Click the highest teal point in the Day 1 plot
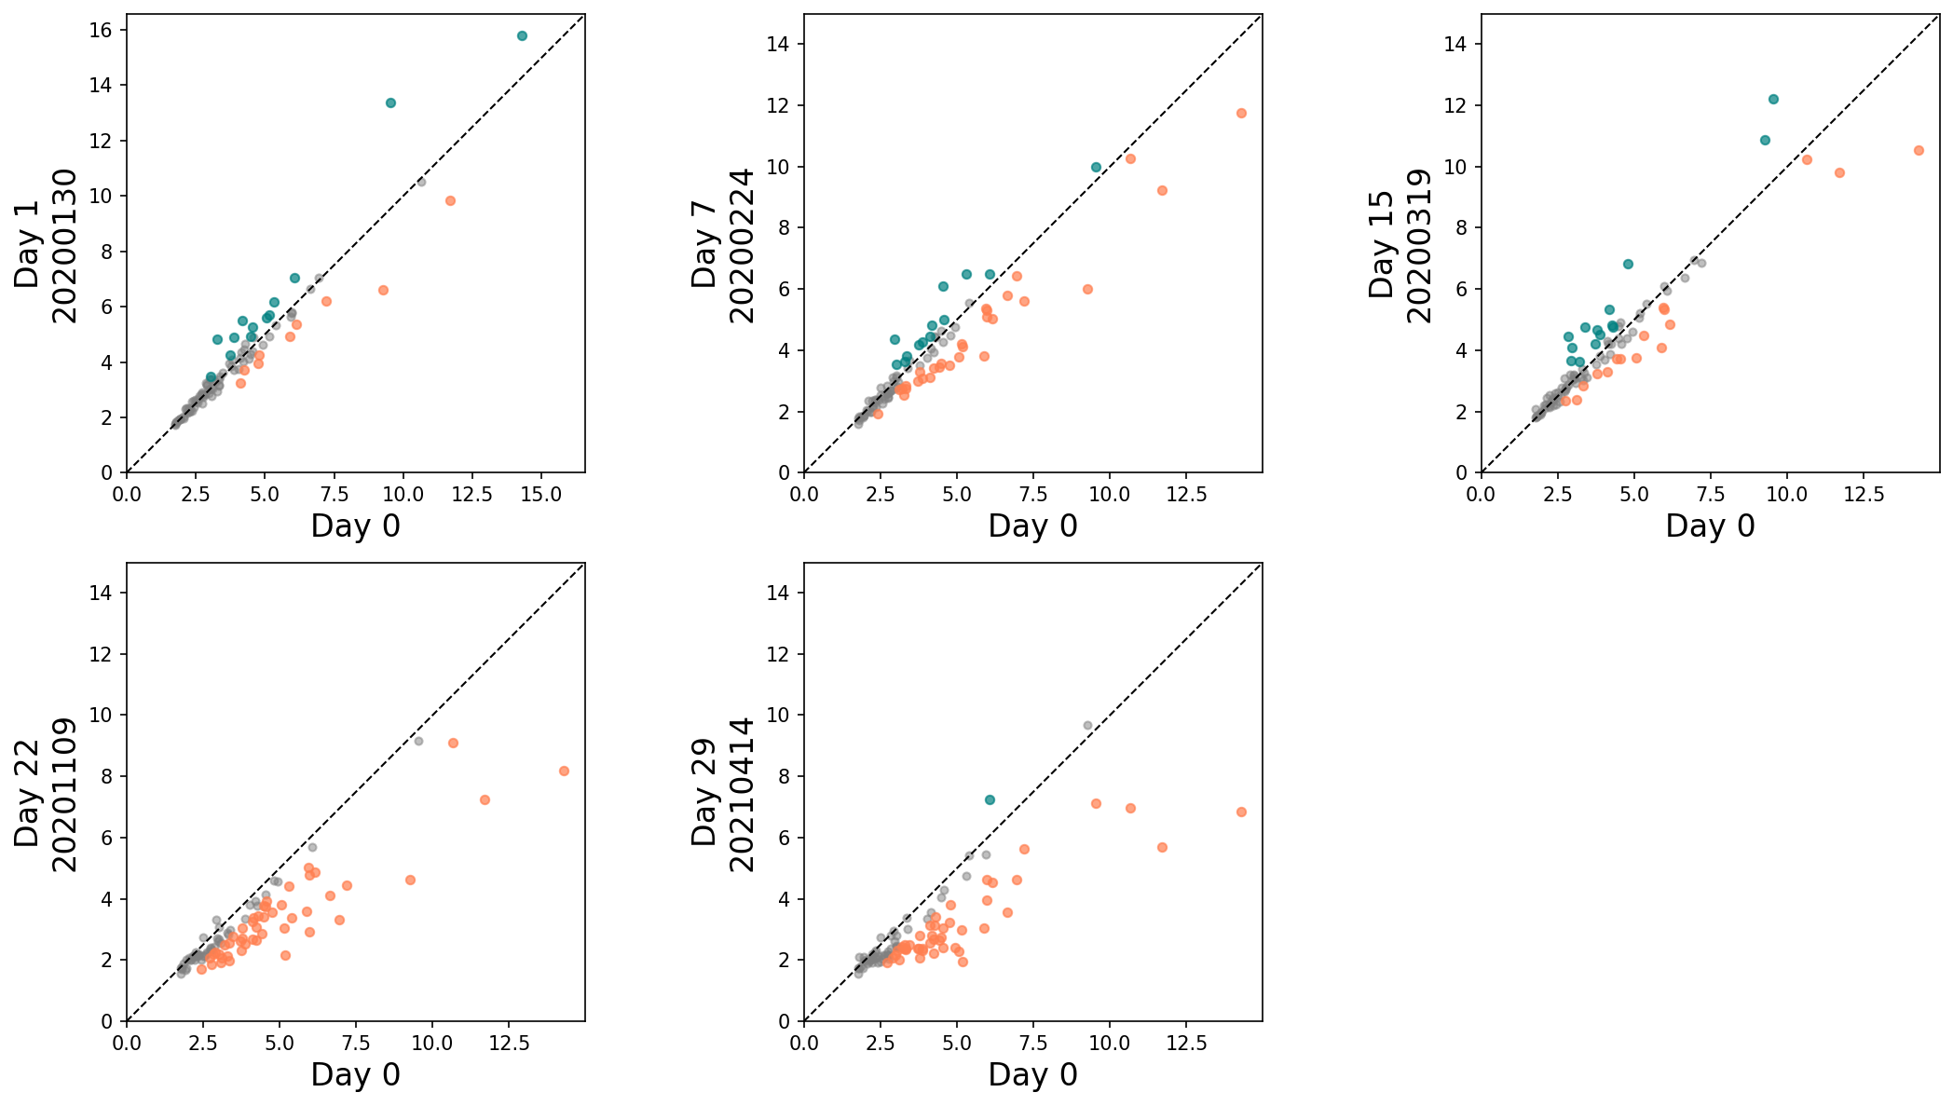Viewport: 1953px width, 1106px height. (x=522, y=35)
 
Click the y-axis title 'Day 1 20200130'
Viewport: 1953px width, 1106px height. (x=46, y=245)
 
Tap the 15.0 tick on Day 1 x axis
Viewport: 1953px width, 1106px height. (x=541, y=494)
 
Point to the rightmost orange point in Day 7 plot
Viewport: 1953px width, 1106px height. (x=1241, y=113)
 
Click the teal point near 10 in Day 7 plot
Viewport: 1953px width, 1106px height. (x=1096, y=167)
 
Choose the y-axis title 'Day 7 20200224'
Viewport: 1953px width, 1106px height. (x=723, y=245)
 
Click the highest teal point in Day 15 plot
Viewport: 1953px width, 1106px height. (x=1773, y=99)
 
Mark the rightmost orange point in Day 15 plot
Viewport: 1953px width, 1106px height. (x=1919, y=150)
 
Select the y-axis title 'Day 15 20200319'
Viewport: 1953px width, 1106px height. (x=1400, y=245)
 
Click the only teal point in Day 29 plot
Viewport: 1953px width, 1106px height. (x=990, y=799)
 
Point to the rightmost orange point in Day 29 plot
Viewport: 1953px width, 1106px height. (x=1241, y=812)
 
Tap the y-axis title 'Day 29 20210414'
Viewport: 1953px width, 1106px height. (x=723, y=794)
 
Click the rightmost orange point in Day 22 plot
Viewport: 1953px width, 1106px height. (x=564, y=771)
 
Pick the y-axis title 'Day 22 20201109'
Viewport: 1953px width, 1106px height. (x=46, y=794)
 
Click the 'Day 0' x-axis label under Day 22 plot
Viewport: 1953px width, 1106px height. (x=355, y=1074)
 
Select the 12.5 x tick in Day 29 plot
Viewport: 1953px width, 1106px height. (x=1186, y=1043)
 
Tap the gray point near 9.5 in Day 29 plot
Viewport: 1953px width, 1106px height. (x=1087, y=725)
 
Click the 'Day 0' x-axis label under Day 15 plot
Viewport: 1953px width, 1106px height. (x=1710, y=526)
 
